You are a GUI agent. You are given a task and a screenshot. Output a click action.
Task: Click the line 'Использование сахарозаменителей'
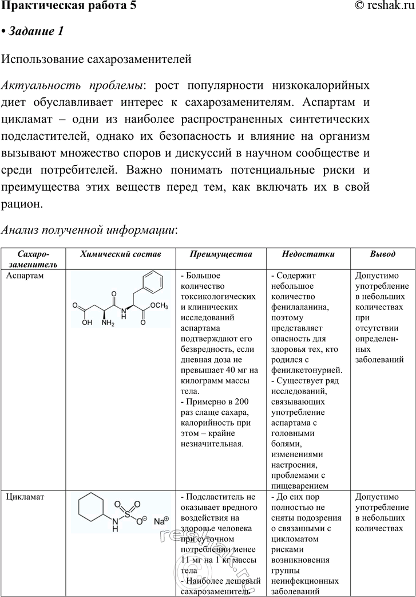tap(96, 59)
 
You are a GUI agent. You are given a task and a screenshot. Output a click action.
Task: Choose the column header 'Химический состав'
tap(121, 254)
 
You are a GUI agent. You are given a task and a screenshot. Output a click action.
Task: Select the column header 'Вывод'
tap(382, 254)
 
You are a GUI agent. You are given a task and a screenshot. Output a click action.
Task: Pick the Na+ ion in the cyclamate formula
tap(161, 521)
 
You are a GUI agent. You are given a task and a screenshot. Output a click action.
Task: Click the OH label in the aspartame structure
tap(86, 322)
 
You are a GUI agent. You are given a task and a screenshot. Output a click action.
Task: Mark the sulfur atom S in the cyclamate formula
tap(127, 514)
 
